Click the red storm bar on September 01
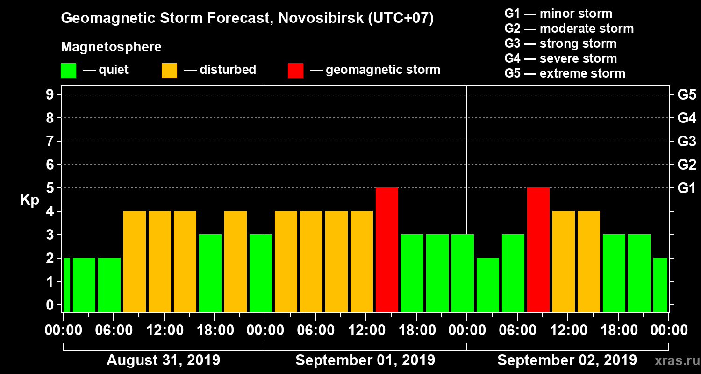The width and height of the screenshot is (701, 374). click(x=387, y=250)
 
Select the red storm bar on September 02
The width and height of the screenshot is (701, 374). click(x=538, y=250)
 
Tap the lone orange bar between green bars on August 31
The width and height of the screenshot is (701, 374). click(x=236, y=261)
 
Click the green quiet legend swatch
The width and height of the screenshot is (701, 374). click(x=68, y=71)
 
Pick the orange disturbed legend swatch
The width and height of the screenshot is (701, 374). click(x=169, y=71)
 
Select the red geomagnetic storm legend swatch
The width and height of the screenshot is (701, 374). click(x=295, y=71)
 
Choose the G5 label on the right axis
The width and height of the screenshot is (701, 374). click(x=687, y=95)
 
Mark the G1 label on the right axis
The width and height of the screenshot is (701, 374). click(x=687, y=188)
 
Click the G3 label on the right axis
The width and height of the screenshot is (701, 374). click(x=687, y=142)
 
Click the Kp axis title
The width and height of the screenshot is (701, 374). click(x=29, y=200)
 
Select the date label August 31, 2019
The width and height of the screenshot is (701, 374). click(x=164, y=360)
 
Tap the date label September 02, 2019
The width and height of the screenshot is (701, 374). click(x=567, y=360)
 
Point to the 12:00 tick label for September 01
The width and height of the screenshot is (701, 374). click(x=366, y=330)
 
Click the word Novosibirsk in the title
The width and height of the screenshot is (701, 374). click(x=315, y=19)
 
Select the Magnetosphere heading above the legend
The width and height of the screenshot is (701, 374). click(x=111, y=47)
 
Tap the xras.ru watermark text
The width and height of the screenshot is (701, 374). click(x=673, y=361)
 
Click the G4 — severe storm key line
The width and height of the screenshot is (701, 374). click(x=561, y=58)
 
